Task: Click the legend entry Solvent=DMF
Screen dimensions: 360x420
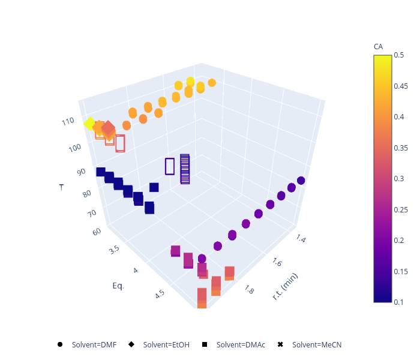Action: coord(94,344)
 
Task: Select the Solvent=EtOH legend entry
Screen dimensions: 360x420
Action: coord(166,344)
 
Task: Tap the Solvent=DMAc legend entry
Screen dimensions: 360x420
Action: coord(239,344)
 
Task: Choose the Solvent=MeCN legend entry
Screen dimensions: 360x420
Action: coord(316,344)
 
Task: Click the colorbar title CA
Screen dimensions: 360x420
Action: coord(378,46)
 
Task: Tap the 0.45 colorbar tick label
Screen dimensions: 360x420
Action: coord(401,86)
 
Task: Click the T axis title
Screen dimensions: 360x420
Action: coord(61,187)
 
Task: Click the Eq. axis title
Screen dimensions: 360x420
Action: coord(118,286)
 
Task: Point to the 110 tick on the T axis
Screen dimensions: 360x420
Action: coord(68,121)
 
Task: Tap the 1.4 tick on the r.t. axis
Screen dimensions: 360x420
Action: coord(301,239)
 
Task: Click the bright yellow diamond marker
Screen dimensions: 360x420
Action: coord(89,124)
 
